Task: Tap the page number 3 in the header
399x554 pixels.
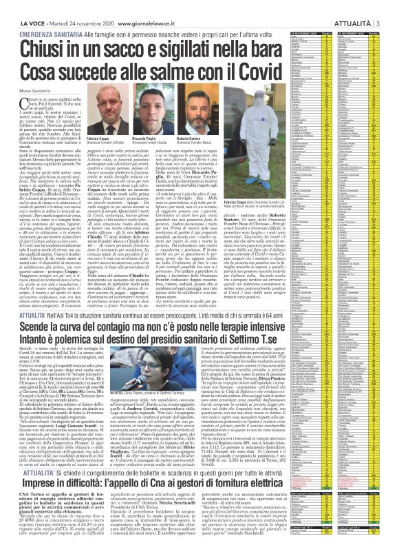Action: click(380, 5)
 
